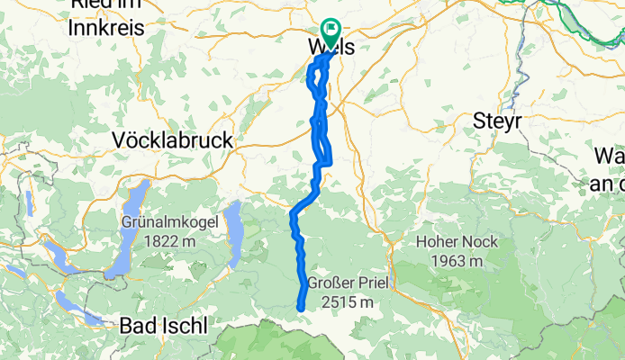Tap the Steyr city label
[496, 120]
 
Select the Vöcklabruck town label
[172, 140]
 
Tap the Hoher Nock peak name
[450, 241]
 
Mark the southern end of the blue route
[300, 308]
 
